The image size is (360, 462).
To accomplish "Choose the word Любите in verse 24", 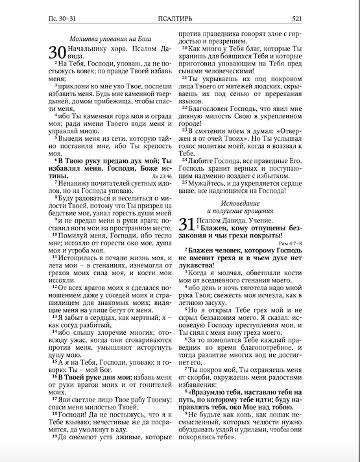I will (204, 160).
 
